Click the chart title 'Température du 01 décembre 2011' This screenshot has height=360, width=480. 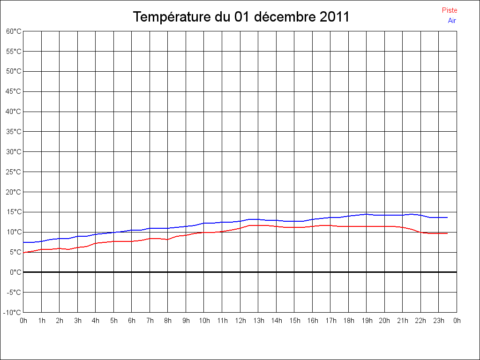tap(241, 17)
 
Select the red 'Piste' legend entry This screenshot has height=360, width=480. tap(449, 10)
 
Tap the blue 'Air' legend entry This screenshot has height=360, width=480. tap(452, 21)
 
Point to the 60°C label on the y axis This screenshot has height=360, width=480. tap(14, 31)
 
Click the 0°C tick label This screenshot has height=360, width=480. tap(15, 272)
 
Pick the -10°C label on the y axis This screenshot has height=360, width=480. tap(13, 312)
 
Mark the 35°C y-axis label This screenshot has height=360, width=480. tap(14, 132)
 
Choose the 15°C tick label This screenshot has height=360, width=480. tap(14, 212)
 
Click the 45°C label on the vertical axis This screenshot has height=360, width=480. tap(14, 91)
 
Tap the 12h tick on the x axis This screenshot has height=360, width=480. tap(240, 321)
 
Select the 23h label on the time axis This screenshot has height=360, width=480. tap(439, 321)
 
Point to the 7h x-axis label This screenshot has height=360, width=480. tap(150, 321)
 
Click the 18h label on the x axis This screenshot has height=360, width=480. tap(348, 321)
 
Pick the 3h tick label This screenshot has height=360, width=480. tap(78, 321)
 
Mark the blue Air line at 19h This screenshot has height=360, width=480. tap(367, 214)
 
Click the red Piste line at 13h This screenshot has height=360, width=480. tap(258, 225)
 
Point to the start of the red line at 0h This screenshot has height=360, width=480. tap(24, 253)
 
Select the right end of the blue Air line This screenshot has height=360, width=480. tap(447, 217)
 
